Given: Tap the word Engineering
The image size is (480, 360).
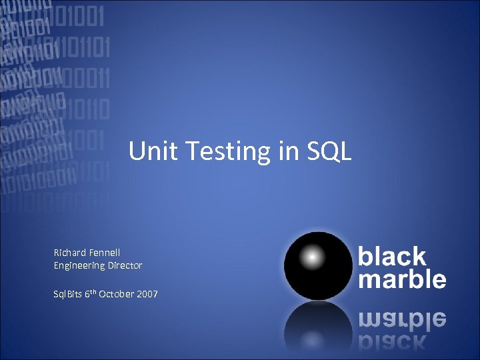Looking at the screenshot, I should (79, 265).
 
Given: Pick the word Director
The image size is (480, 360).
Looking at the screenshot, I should (125, 265).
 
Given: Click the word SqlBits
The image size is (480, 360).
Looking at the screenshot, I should (68, 293).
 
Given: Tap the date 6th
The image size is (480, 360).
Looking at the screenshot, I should (91, 293).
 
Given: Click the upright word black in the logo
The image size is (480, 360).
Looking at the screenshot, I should (392, 256).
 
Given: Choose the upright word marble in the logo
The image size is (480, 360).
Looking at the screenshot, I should (402, 279).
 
